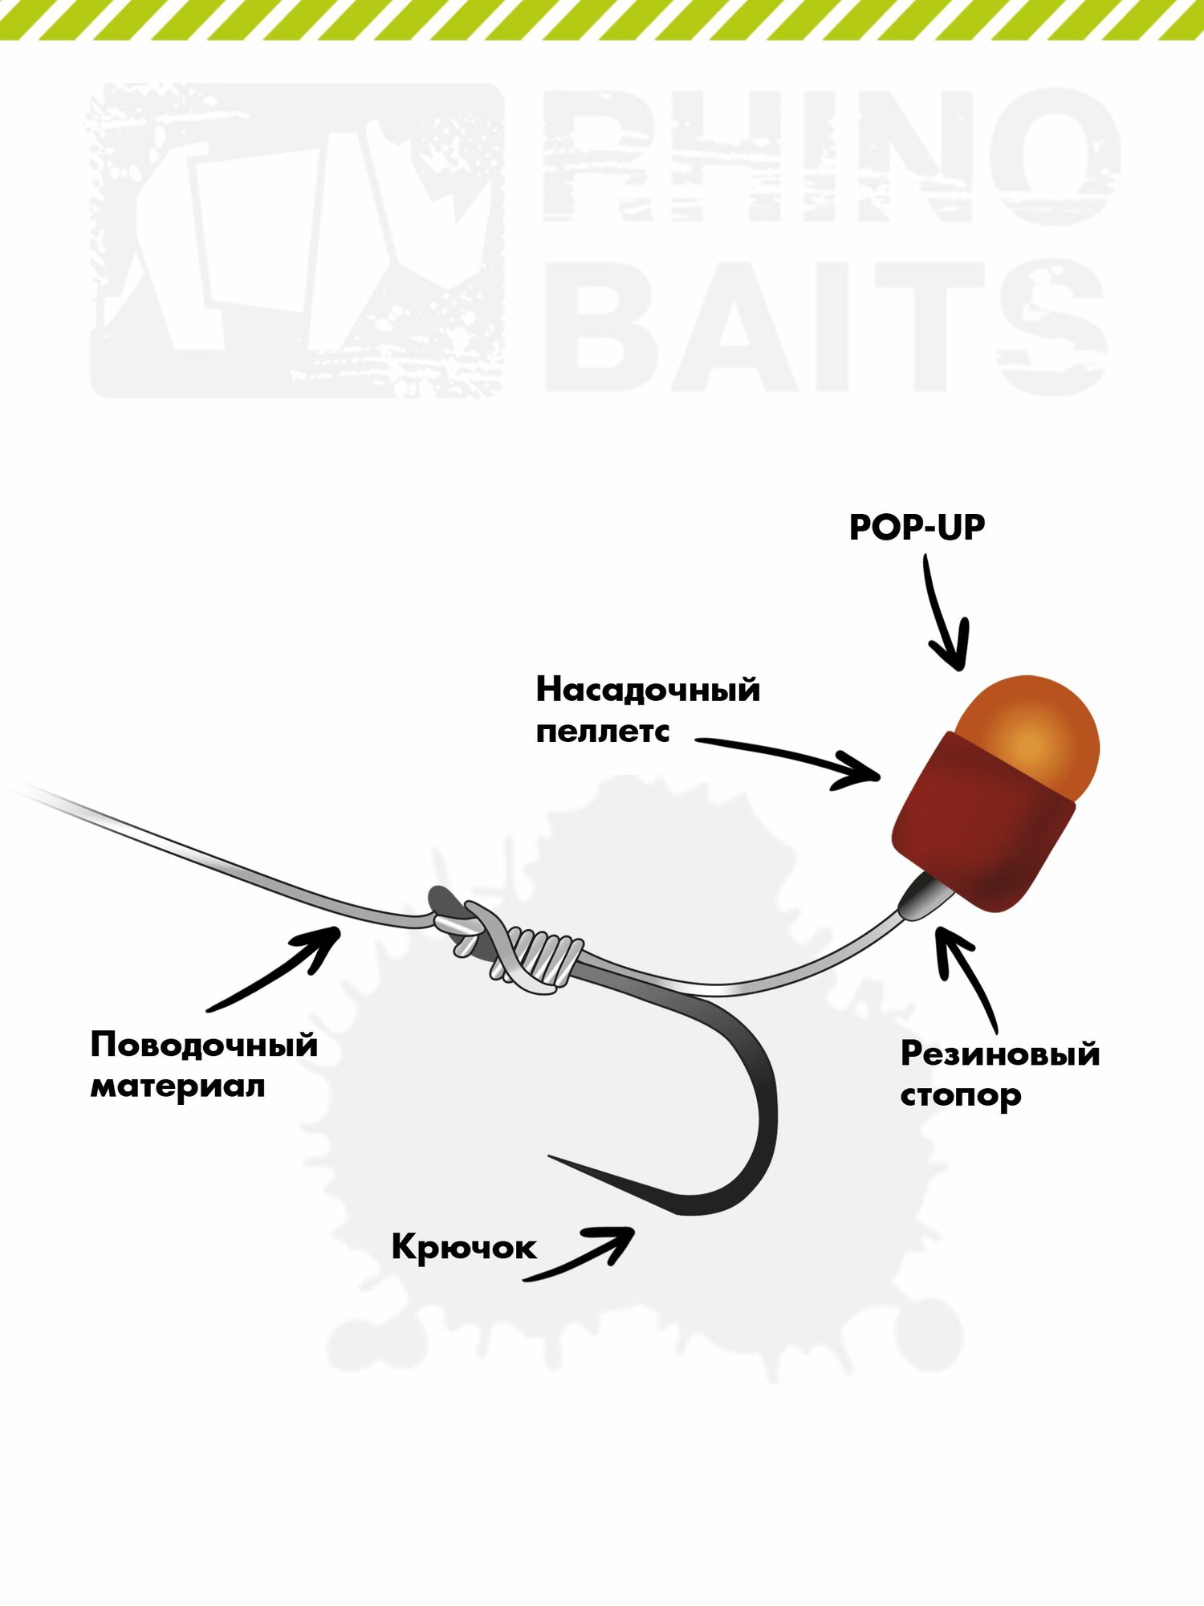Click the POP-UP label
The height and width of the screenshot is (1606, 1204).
pos(917,528)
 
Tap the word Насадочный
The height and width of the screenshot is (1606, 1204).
pos(648,690)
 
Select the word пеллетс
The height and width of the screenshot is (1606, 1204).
pos(602,732)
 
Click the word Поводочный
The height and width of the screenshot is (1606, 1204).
pos(204,1045)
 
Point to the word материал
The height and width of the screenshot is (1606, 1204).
pos(177,1086)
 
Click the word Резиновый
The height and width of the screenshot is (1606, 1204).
pos(999,1054)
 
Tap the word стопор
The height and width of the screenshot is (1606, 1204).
pos(960,1095)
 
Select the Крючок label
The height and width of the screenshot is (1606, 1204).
pos(463,1247)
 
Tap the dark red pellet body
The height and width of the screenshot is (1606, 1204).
pos(983,827)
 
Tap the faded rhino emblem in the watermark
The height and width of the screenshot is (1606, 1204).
pos(297,241)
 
